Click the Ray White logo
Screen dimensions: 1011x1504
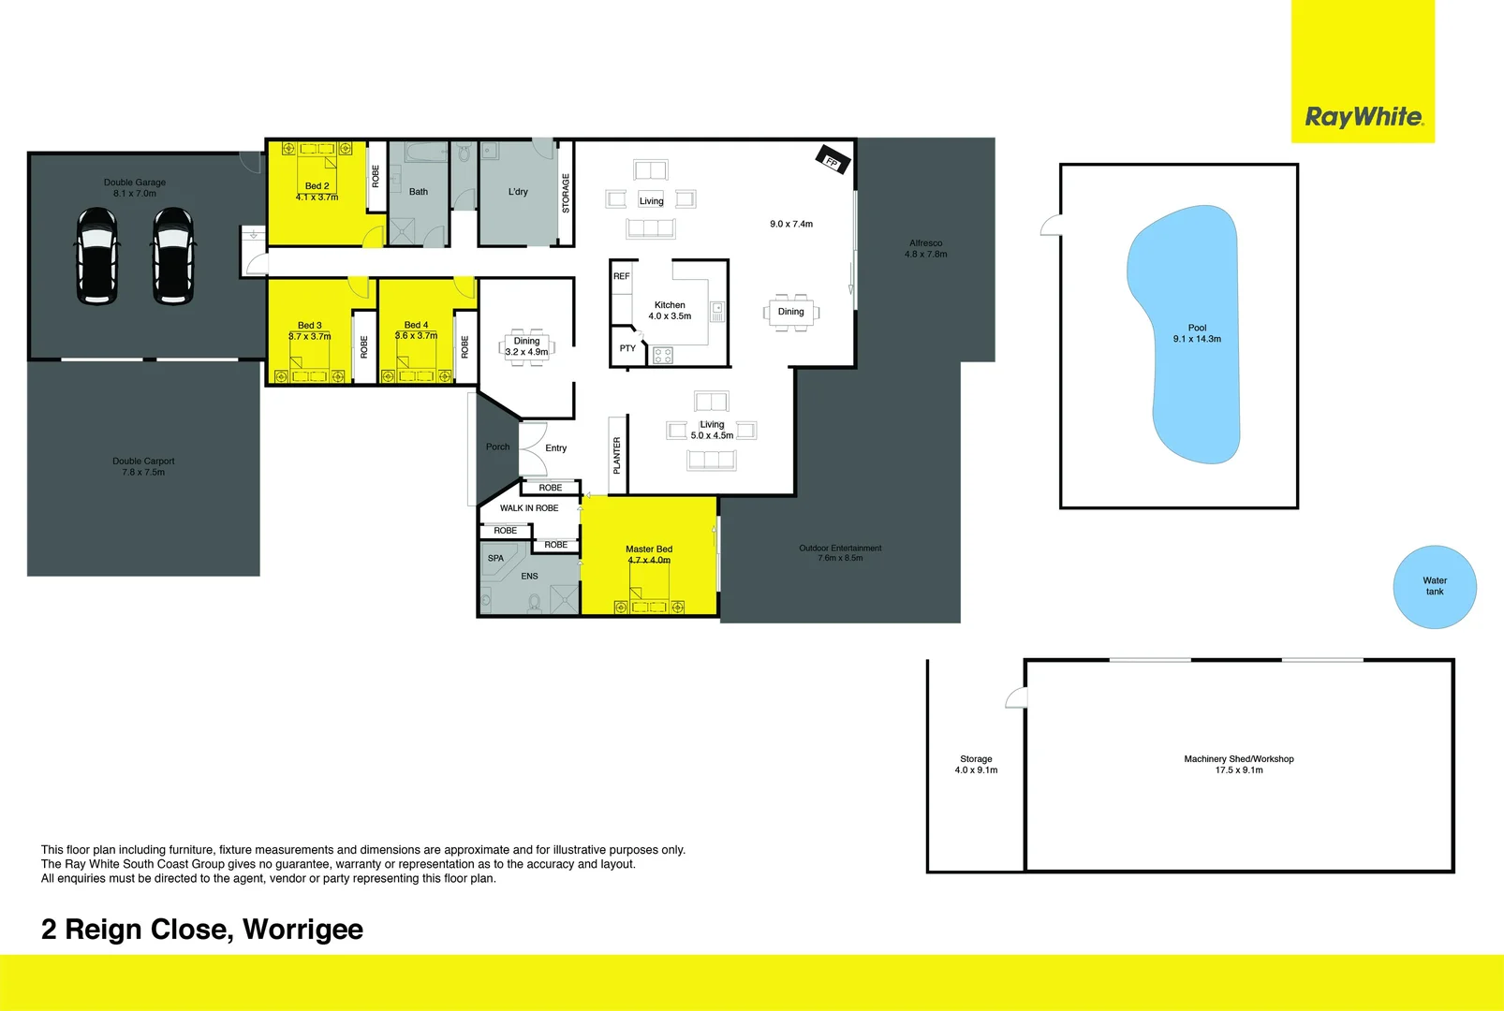(1364, 117)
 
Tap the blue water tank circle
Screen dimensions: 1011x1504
(1435, 587)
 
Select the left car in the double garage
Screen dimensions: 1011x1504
(96, 256)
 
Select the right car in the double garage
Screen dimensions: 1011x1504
(173, 256)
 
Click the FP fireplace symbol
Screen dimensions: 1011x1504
(833, 160)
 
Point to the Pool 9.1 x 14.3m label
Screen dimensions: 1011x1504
(1197, 334)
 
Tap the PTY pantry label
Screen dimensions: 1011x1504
(627, 348)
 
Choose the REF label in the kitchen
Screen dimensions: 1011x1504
(621, 276)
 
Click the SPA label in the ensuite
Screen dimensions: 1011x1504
(495, 558)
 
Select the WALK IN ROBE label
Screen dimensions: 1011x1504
(529, 508)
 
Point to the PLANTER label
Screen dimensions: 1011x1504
(617, 455)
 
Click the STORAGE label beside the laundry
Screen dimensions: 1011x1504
(566, 194)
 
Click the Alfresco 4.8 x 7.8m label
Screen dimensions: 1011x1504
(925, 248)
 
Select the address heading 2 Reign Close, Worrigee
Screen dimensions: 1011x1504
(202, 930)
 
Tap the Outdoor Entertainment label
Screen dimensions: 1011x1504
(840, 552)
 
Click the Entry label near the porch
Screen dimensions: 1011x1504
(556, 448)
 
